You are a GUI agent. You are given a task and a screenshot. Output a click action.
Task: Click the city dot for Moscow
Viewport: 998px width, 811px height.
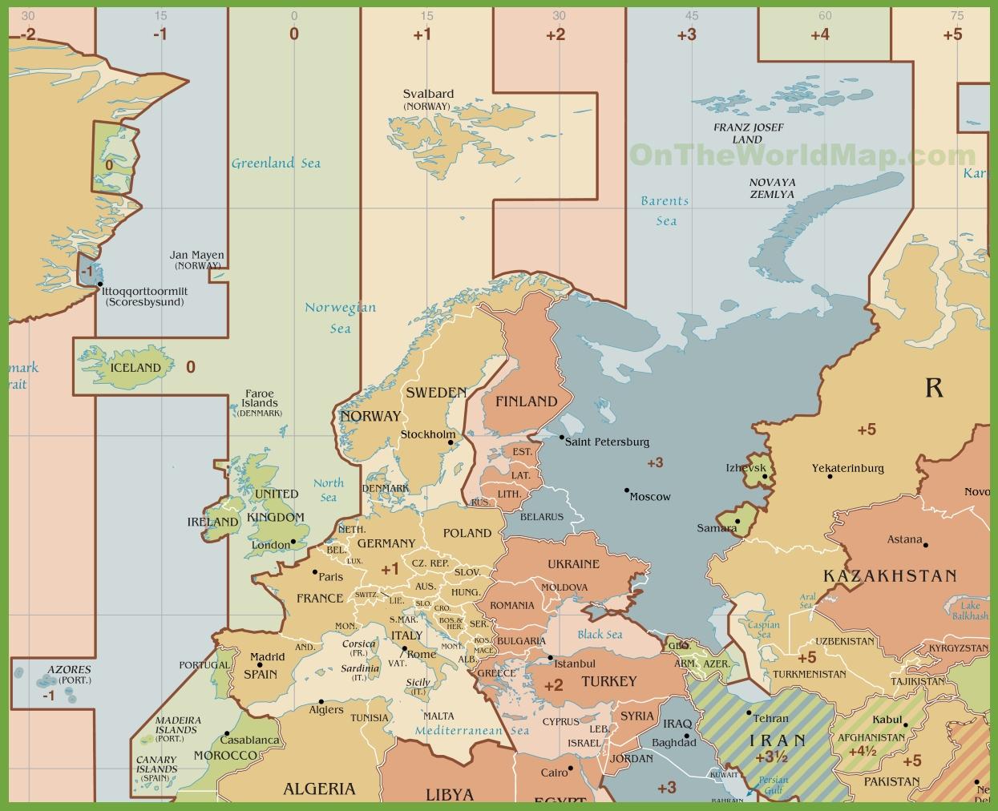[x=627, y=490]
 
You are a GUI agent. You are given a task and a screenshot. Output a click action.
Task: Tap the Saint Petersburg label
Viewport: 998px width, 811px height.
[x=607, y=442]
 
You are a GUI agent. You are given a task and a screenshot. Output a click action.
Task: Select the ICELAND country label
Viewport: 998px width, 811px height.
[x=135, y=368]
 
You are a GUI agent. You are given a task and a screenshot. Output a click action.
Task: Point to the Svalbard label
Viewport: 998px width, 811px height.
[x=428, y=94]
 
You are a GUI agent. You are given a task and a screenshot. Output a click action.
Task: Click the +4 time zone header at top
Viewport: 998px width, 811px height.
[x=819, y=34]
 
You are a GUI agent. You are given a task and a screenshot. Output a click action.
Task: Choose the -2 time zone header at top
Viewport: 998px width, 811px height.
[x=28, y=34]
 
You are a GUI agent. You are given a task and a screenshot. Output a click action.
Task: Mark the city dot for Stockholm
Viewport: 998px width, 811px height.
[x=451, y=442]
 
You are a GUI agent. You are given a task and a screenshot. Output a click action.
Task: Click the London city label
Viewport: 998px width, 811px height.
[x=271, y=545]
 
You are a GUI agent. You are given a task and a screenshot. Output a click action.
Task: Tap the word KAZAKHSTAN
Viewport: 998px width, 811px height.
[x=890, y=575]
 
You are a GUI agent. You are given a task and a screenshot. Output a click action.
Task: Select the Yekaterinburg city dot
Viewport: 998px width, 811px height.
[x=830, y=477]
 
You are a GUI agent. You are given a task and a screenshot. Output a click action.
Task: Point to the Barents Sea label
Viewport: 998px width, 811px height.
[x=665, y=211]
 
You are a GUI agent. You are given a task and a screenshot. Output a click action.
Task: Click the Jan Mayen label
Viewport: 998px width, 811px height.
[x=197, y=256]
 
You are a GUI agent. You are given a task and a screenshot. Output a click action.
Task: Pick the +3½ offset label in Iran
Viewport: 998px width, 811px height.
[x=770, y=757]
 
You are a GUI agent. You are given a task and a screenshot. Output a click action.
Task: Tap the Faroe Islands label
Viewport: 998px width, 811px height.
[x=260, y=398]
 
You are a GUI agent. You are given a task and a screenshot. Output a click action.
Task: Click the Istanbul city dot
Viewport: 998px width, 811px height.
[x=551, y=659]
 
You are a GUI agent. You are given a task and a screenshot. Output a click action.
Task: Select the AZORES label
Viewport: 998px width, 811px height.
[x=69, y=669]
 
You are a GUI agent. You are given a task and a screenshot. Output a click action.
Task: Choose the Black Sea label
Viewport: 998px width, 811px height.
[x=600, y=635]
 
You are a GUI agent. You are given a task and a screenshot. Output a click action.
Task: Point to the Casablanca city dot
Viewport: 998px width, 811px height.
[x=227, y=733]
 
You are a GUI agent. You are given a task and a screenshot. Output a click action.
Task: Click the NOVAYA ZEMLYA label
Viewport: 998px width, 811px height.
[x=772, y=188]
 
